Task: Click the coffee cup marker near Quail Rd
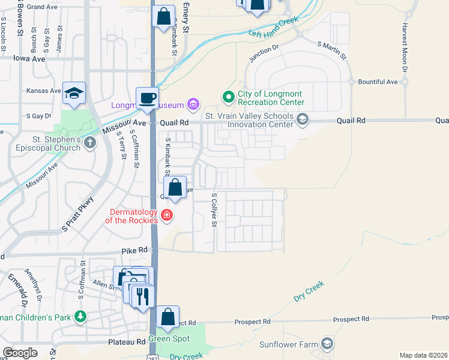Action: (x=147, y=98)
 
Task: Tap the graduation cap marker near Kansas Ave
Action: (x=74, y=93)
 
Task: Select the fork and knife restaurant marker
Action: (x=142, y=296)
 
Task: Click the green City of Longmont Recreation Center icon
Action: (x=228, y=96)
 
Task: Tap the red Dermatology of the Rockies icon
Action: (x=167, y=215)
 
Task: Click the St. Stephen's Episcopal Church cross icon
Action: (x=89, y=142)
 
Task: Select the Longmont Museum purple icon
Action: (x=193, y=106)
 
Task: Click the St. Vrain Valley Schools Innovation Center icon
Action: (x=303, y=120)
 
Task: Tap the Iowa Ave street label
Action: (x=30, y=58)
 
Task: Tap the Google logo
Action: (x=20, y=353)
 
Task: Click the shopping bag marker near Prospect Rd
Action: (x=168, y=316)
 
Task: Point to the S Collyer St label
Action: (x=213, y=210)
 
